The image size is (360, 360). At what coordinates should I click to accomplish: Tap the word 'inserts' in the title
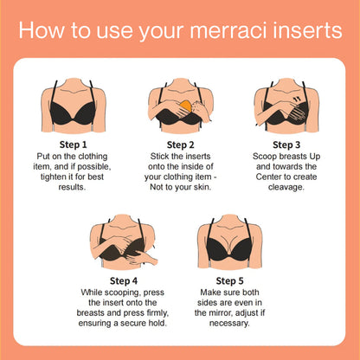(x=307, y=31)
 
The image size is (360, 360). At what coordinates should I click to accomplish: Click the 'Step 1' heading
(x=74, y=144)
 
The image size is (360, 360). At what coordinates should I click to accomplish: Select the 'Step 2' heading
(x=180, y=144)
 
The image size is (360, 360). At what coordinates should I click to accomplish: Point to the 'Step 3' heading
(x=287, y=144)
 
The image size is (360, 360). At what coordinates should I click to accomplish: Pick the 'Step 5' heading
(x=231, y=280)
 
